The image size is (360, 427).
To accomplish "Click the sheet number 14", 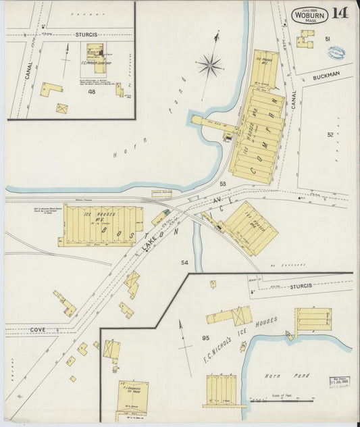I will pos(339,14).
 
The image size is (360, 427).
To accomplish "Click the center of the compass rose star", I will pos(211,66).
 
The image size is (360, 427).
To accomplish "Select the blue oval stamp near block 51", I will pos(336,53).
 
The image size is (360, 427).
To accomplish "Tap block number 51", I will pos(328,39).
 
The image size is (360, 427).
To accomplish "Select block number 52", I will pos(330,134).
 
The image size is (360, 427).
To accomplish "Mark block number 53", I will pos(222,184).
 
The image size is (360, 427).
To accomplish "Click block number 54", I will pos(184,261).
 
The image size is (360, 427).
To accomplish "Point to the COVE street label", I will pos(38,329).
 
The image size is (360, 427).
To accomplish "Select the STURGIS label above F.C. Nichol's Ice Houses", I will pos(301,286).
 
